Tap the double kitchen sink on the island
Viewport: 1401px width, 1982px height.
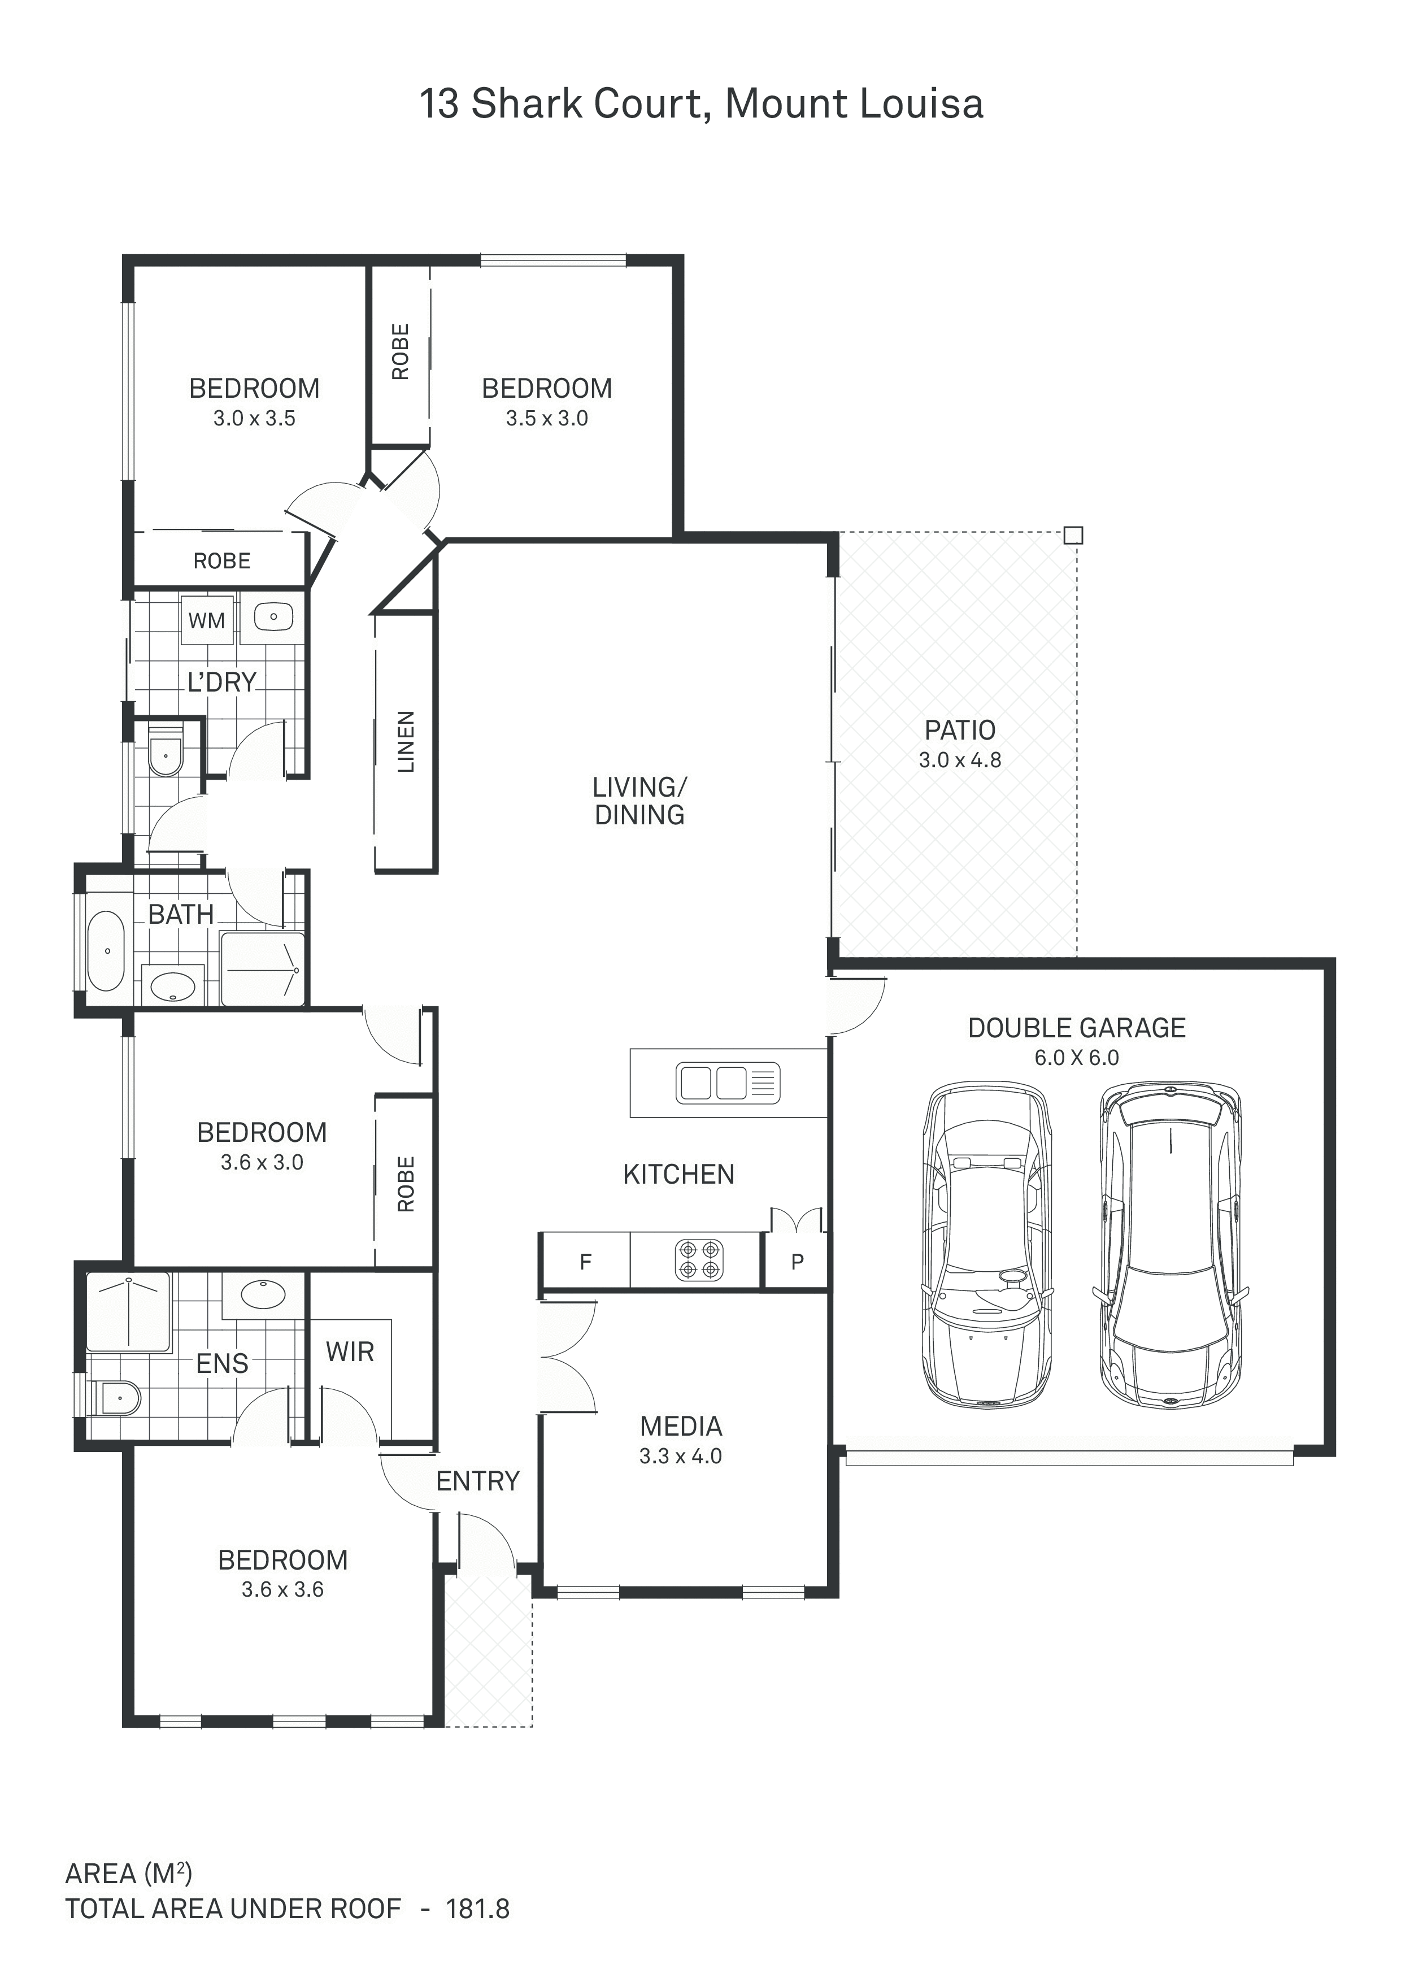click(728, 1083)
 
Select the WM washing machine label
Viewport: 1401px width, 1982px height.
click(206, 621)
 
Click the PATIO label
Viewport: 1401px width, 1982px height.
click(960, 731)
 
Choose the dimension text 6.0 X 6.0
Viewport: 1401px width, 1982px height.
click(1076, 1058)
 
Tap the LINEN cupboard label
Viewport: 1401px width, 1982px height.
click(406, 741)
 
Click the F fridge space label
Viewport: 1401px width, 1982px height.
click(585, 1262)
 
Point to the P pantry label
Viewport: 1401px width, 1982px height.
click(798, 1262)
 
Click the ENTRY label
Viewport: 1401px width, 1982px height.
click(477, 1481)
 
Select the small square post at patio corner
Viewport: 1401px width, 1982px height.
click(1072, 535)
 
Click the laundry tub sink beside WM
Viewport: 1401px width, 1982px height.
click(273, 617)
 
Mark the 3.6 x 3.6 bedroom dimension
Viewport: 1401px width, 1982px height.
click(282, 1589)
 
